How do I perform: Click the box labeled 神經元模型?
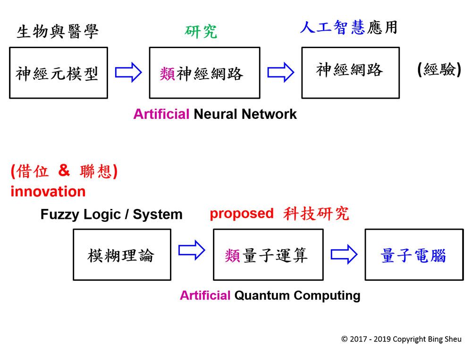click(58, 73)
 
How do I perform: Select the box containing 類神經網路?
click(204, 73)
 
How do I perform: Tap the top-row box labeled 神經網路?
click(350, 73)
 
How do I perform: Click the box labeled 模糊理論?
click(122, 255)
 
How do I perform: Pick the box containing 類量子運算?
click(268, 255)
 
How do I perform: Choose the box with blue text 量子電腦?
click(414, 255)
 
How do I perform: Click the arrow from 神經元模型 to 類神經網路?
click(128, 73)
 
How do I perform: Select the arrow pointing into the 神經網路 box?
click(281, 73)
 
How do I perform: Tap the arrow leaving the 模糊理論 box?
click(192, 251)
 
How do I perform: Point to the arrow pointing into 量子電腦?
click(344, 255)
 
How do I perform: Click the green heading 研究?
click(201, 31)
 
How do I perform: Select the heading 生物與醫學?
click(58, 32)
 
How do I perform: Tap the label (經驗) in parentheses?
click(439, 70)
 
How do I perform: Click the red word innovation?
click(48, 192)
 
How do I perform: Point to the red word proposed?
click(241, 213)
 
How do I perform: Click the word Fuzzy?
click(60, 215)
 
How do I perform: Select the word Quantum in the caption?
click(262, 296)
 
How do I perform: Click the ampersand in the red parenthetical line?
click(64, 170)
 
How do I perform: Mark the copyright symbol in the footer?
click(344, 339)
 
